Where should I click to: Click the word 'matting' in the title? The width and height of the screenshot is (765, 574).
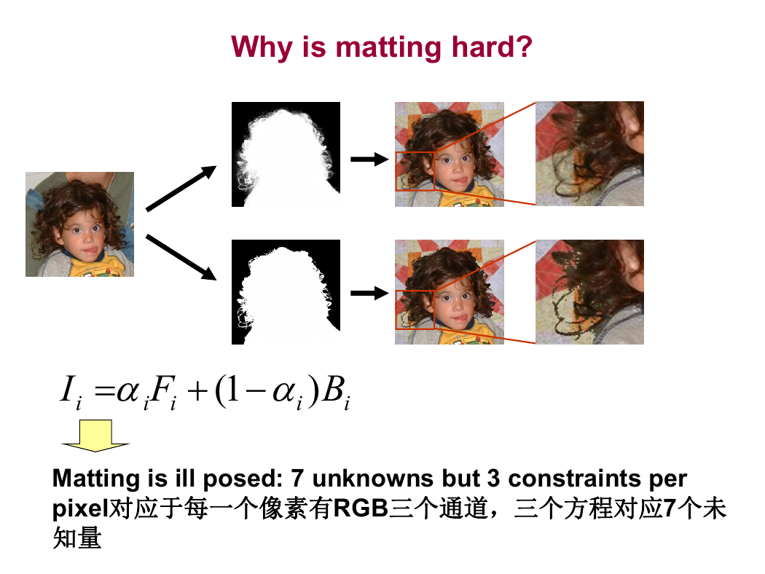(389, 48)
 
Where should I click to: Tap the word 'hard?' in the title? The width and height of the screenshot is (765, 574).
(491, 47)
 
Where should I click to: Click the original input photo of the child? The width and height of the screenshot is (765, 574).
(79, 224)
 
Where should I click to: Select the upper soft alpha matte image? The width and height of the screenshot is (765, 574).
(286, 154)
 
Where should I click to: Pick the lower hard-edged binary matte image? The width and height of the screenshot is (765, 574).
(286, 292)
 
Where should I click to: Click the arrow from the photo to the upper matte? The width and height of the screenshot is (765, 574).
(181, 188)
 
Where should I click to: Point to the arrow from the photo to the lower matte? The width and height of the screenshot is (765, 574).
(181, 257)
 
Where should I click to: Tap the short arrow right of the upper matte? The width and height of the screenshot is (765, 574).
(370, 159)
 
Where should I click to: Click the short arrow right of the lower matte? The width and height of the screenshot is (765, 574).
(370, 293)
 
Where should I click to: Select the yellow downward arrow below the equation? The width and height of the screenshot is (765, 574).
(95, 436)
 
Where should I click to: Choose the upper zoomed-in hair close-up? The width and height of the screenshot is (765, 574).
(590, 154)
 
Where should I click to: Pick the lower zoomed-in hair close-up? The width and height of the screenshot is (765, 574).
(590, 292)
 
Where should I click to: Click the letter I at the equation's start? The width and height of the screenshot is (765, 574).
(67, 389)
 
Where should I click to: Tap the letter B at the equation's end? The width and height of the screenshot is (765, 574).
(333, 389)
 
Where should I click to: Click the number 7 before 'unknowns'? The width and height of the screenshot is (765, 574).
(297, 479)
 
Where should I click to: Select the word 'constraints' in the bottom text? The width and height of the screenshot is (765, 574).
(574, 479)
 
